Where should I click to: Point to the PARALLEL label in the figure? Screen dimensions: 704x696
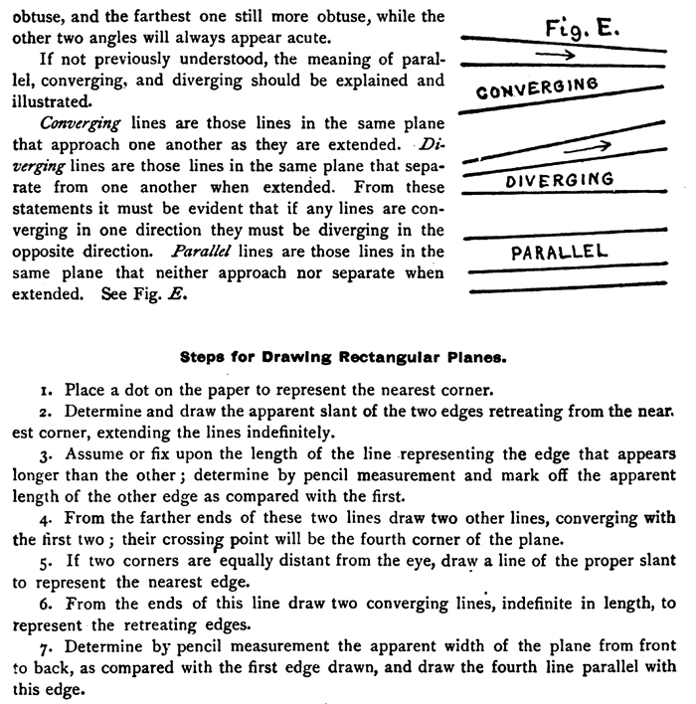tap(559, 252)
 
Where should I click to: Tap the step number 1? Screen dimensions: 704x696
tap(32, 391)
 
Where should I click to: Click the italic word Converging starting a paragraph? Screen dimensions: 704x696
tap(79, 123)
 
